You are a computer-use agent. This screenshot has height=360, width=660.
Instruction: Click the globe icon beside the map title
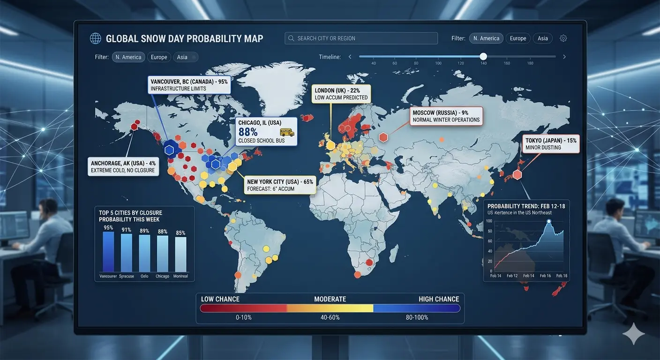[96, 38]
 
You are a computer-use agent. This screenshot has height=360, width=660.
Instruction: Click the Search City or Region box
[361, 38]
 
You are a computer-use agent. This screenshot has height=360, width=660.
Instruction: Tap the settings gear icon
[563, 38]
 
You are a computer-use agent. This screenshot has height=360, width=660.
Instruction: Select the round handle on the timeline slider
[483, 56]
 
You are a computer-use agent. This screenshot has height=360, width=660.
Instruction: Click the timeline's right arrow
[564, 57]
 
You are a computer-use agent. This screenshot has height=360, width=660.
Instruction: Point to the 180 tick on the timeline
[530, 63]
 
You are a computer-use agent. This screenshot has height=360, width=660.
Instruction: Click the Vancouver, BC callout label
[189, 85]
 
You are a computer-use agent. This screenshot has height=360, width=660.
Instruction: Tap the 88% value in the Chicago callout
[248, 132]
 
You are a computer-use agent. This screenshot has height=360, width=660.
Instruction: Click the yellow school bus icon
[286, 132]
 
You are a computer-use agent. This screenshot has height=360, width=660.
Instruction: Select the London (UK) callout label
[341, 94]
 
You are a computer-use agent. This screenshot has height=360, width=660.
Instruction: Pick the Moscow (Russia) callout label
[446, 116]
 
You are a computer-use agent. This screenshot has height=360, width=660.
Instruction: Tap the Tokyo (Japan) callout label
[551, 143]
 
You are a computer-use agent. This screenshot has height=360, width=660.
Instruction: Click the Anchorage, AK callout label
[123, 166]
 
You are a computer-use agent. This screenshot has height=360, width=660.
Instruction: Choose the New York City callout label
[280, 185]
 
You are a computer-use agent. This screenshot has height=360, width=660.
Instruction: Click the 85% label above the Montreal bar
[180, 233]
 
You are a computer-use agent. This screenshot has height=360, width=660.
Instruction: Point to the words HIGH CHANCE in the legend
[439, 299]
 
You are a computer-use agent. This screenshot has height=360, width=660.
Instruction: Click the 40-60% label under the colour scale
[330, 317]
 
